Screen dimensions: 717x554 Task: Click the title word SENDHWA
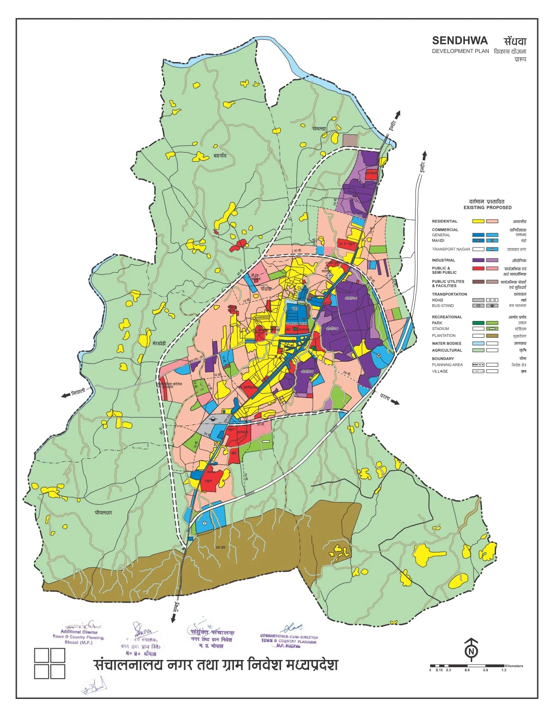[x=459, y=41]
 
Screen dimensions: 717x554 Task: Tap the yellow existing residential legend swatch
[x=478, y=221]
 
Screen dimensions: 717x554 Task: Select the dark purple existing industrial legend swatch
[x=478, y=260]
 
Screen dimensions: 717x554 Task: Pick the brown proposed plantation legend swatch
[x=492, y=336]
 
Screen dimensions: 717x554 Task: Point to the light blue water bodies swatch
[x=478, y=344]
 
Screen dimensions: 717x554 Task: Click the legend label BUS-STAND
[x=443, y=306]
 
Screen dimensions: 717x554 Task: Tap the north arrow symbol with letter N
[x=472, y=650]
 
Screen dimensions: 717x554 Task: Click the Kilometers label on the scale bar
[x=514, y=666]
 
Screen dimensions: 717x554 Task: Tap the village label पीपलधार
[x=103, y=513]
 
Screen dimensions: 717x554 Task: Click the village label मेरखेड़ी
[x=162, y=344]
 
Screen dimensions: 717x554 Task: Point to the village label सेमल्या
[x=319, y=129]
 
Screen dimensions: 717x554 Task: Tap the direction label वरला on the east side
[x=385, y=398]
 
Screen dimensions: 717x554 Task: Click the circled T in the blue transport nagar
[x=205, y=523]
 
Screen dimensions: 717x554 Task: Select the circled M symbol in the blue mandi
[x=378, y=356]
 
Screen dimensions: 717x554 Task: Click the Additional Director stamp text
[x=79, y=636]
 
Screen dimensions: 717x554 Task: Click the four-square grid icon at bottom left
[x=50, y=664]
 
